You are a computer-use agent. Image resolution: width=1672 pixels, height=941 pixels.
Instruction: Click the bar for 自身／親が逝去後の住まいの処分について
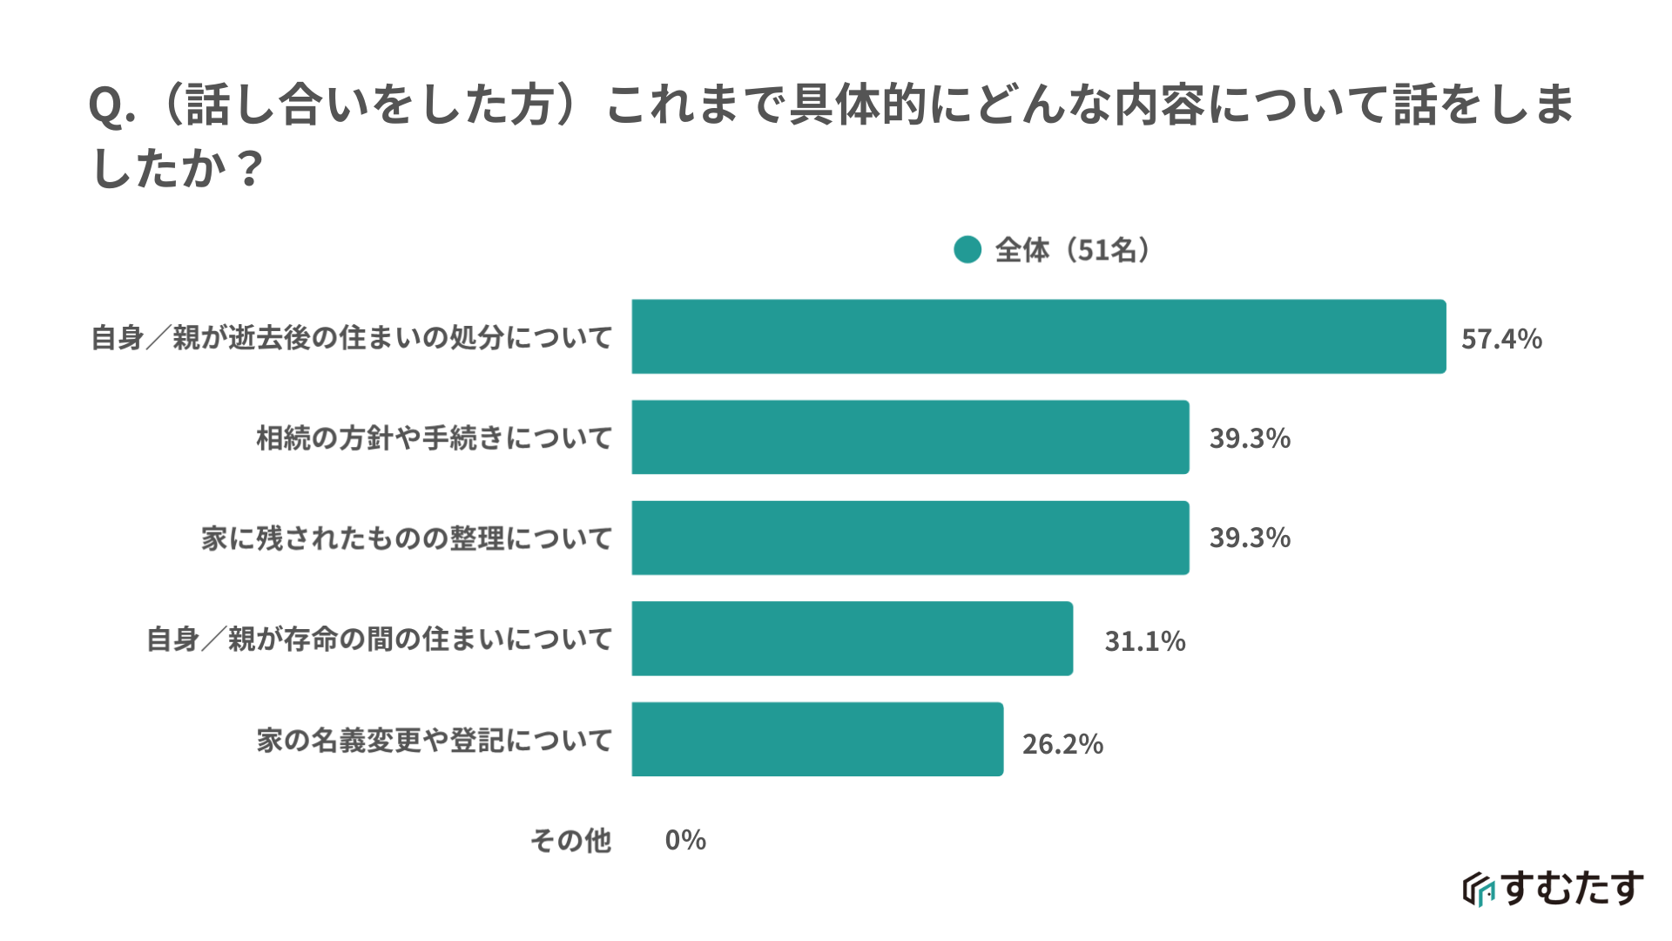(1038, 337)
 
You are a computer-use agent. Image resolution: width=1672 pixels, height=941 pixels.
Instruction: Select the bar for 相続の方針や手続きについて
(910, 437)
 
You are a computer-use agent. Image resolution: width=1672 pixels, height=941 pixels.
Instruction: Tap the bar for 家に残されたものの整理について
(910, 538)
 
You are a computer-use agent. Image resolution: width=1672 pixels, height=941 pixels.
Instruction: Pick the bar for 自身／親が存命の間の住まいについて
(852, 639)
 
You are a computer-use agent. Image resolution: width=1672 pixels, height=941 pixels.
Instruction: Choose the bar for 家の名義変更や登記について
(817, 740)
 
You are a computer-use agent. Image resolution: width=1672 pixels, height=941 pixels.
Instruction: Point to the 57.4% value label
(1501, 339)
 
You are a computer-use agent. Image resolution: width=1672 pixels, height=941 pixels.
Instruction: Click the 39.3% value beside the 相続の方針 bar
(1250, 438)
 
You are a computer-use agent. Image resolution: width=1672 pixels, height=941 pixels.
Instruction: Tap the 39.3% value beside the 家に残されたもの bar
(1250, 538)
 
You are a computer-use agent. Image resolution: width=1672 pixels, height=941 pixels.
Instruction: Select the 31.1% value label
(1145, 641)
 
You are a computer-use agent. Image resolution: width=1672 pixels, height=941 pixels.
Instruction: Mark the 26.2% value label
(1062, 744)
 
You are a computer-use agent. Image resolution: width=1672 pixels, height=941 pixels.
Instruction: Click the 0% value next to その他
(685, 840)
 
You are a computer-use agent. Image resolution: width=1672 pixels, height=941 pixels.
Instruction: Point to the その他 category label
(570, 841)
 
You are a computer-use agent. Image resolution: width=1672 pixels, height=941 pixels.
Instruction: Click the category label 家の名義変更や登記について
(434, 741)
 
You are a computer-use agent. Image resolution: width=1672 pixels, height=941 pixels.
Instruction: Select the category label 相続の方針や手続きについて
(434, 438)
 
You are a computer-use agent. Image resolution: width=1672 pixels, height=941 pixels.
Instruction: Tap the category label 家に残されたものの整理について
(407, 538)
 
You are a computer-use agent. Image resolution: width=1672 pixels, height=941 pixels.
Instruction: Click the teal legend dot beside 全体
(967, 250)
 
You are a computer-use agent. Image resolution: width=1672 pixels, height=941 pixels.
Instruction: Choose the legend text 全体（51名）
(1073, 250)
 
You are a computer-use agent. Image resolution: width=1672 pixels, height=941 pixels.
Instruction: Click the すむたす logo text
(1573, 889)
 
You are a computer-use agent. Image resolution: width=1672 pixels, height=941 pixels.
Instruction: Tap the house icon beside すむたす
(1479, 890)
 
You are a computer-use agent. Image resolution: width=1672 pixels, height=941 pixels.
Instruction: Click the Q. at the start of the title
(111, 107)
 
